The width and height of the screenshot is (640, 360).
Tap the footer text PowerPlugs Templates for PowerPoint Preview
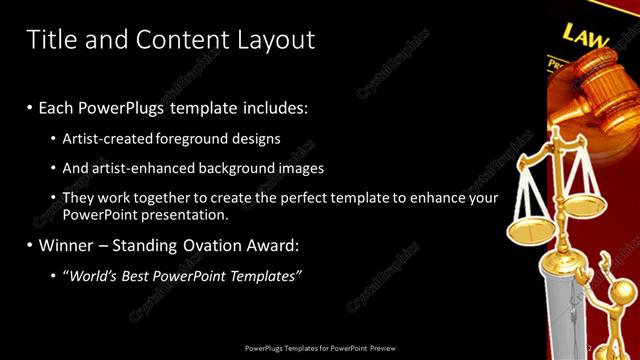[320, 348]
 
